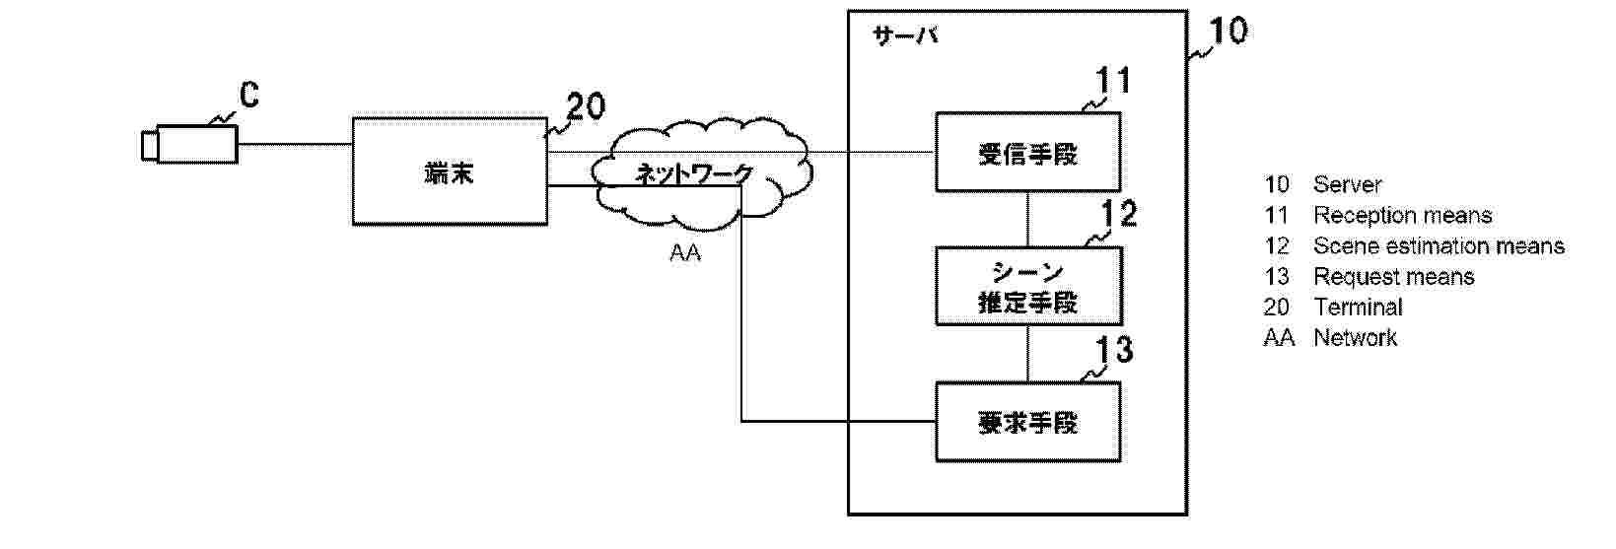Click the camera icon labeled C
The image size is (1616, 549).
point(189,144)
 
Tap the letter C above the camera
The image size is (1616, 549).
point(249,96)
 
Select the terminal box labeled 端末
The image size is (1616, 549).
point(450,172)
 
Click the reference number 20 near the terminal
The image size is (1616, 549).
point(586,106)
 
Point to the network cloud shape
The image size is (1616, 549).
point(702,172)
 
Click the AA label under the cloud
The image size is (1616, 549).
point(685,254)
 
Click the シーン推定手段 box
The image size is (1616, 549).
point(1027,286)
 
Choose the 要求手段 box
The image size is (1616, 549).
point(1027,423)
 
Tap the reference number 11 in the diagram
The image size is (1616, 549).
point(1113,81)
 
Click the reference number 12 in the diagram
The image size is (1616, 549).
point(1118,214)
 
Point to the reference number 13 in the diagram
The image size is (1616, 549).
point(1114,350)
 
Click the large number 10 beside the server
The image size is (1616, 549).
point(1228,32)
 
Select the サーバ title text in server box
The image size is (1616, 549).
point(905,36)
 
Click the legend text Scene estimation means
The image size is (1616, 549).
point(1438,246)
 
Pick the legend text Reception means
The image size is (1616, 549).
point(1402,216)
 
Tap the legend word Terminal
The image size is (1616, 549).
point(1358,308)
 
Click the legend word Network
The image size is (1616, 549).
point(1355,338)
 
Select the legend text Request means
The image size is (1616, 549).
point(1393,277)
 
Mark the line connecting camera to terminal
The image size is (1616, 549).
point(295,144)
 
